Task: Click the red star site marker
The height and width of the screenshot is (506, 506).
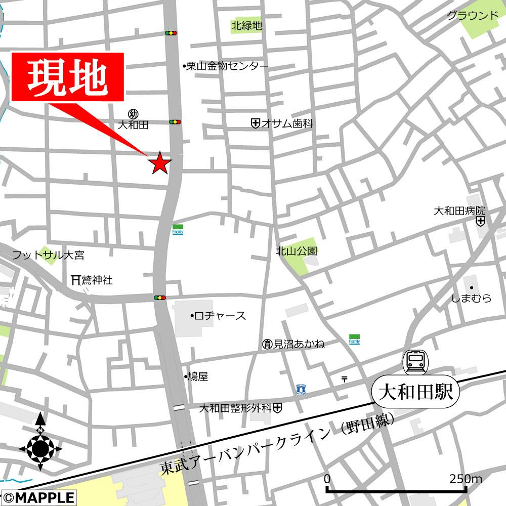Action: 159,163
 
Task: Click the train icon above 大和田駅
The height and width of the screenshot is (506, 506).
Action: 415,362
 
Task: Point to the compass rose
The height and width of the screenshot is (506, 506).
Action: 40,447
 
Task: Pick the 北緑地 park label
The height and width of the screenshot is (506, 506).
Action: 247,26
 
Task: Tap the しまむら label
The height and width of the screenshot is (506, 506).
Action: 471,298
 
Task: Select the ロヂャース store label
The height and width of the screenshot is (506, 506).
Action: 220,316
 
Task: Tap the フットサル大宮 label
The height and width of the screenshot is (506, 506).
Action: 48,255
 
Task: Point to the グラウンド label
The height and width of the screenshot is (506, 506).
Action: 473,16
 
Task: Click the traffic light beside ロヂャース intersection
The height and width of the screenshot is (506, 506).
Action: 160,298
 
